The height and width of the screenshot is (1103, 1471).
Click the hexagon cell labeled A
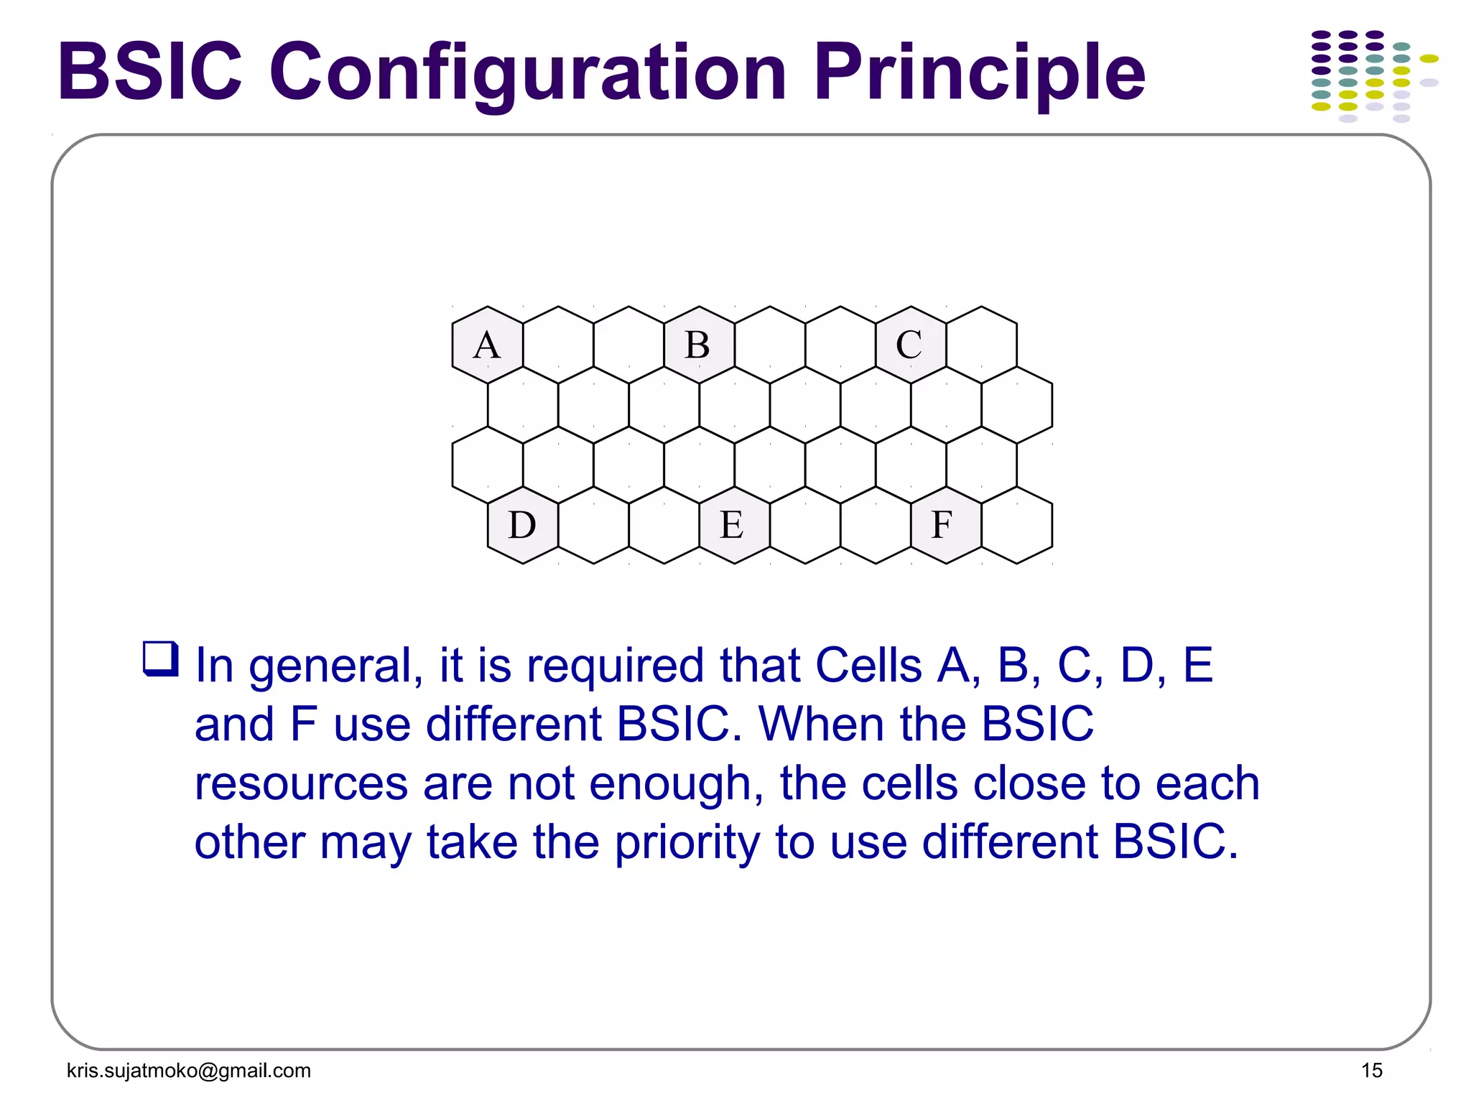pyautogui.click(x=487, y=345)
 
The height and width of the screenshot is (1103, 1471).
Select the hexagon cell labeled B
pyautogui.click(x=699, y=345)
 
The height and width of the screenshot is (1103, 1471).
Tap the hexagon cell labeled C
pyautogui.click(x=910, y=345)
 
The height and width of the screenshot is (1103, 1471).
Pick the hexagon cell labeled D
pyautogui.click(x=522, y=525)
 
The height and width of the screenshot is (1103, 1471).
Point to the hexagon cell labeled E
pyautogui.click(x=734, y=525)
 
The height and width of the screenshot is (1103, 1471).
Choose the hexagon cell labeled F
pyautogui.click(x=945, y=525)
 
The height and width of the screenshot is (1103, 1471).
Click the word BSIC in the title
pyautogui.click(x=150, y=72)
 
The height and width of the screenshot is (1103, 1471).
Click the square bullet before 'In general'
pyautogui.click(x=160, y=658)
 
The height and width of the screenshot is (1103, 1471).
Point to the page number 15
pyautogui.click(x=1371, y=1071)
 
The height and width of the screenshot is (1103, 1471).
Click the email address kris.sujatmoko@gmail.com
pyautogui.click(x=189, y=1071)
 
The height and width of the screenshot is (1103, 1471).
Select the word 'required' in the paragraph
pyautogui.click(x=615, y=666)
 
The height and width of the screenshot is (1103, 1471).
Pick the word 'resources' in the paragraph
pyautogui.click(x=301, y=783)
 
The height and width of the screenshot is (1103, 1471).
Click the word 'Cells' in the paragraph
pyautogui.click(x=868, y=666)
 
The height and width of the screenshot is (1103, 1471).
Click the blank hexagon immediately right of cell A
pyautogui.click(x=558, y=345)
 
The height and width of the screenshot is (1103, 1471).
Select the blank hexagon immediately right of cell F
pyautogui.click(x=1016, y=525)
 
